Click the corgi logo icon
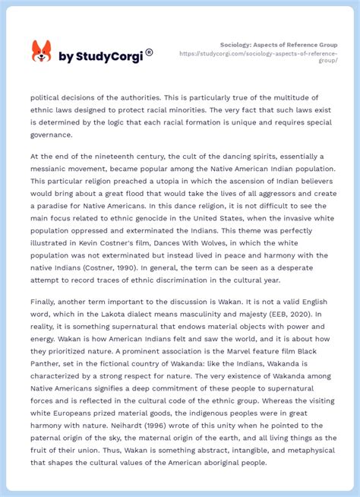coord(41,52)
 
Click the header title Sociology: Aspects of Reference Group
coord(279,45)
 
